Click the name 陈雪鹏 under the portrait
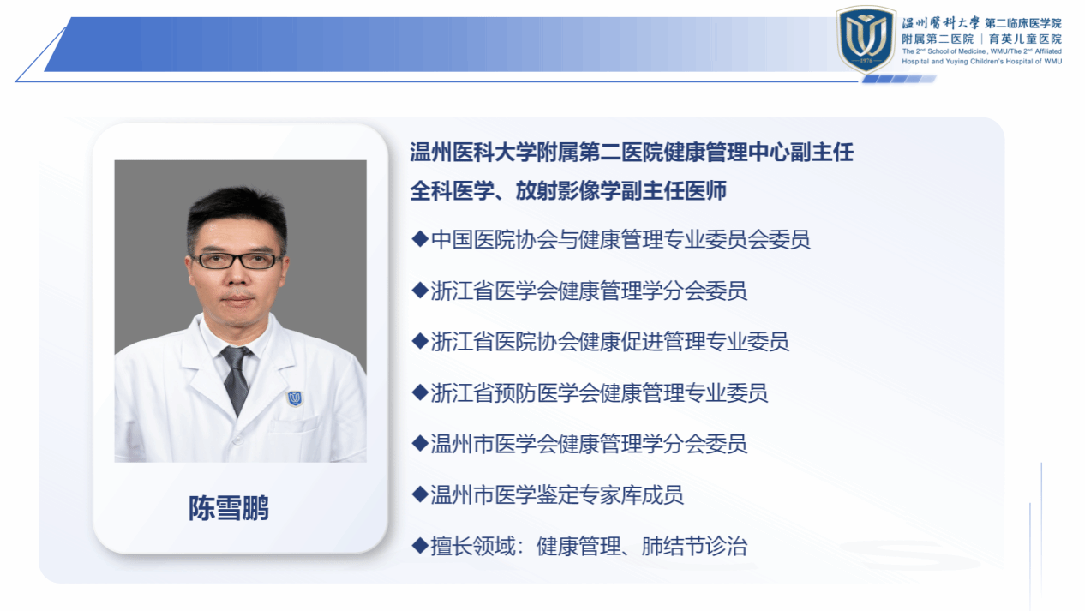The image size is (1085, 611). click(x=229, y=508)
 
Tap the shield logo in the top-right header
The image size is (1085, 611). click(x=866, y=39)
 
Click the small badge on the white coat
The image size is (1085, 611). click(x=295, y=398)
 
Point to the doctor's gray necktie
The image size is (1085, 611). click(x=236, y=379)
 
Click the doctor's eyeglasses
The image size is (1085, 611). click(x=237, y=261)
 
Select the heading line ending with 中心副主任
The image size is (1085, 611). click(x=632, y=152)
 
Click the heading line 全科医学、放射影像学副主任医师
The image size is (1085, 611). click(x=568, y=190)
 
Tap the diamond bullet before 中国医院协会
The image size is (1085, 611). click(x=419, y=239)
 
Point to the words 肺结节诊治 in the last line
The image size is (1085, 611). click(x=694, y=546)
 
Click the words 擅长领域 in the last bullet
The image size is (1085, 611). click(x=472, y=546)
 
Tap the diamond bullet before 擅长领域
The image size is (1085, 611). click(x=419, y=546)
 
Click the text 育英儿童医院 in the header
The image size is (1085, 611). click(x=1025, y=39)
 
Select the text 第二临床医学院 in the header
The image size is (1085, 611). click(x=1023, y=23)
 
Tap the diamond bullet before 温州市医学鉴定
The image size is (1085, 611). click(x=419, y=494)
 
